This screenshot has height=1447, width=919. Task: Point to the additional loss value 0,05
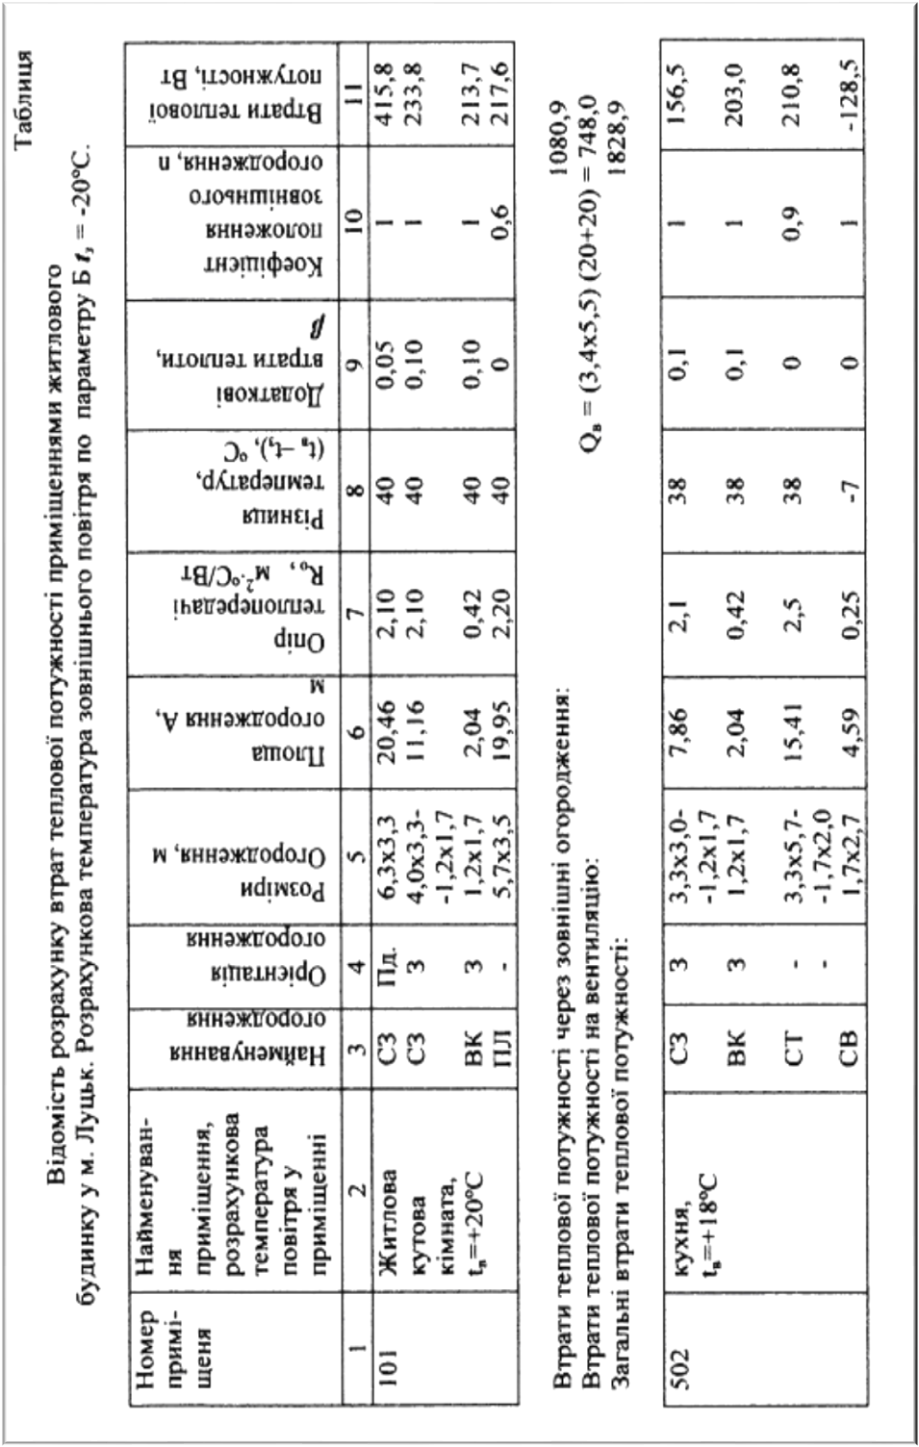388,365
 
